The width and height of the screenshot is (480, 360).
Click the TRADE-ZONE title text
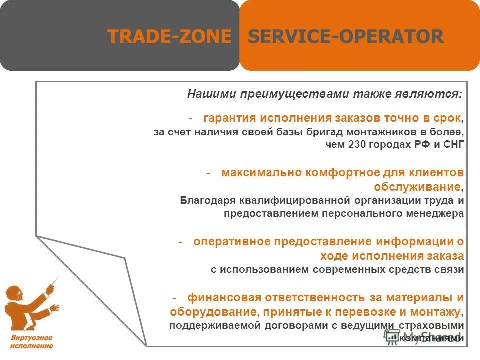[170, 36]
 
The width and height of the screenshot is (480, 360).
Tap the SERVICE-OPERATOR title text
[346, 36]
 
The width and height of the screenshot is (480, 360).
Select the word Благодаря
[206, 201]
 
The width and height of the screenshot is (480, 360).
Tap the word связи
[450, 269]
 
